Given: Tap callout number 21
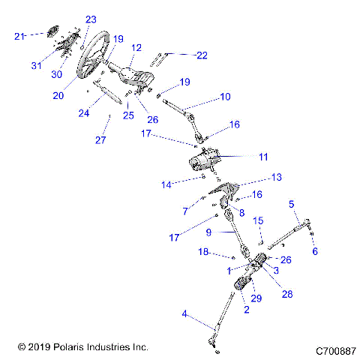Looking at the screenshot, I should coord(20,35).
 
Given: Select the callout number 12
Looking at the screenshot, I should coord(136,47).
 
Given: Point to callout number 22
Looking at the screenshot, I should coord(202,55).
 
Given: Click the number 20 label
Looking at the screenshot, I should coord(59,95).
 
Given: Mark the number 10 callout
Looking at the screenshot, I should coord(225,97).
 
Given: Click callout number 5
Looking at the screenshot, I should coord(292,202).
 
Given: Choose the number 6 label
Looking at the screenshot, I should coord(314,251).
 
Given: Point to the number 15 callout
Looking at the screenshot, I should coord(257,220).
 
